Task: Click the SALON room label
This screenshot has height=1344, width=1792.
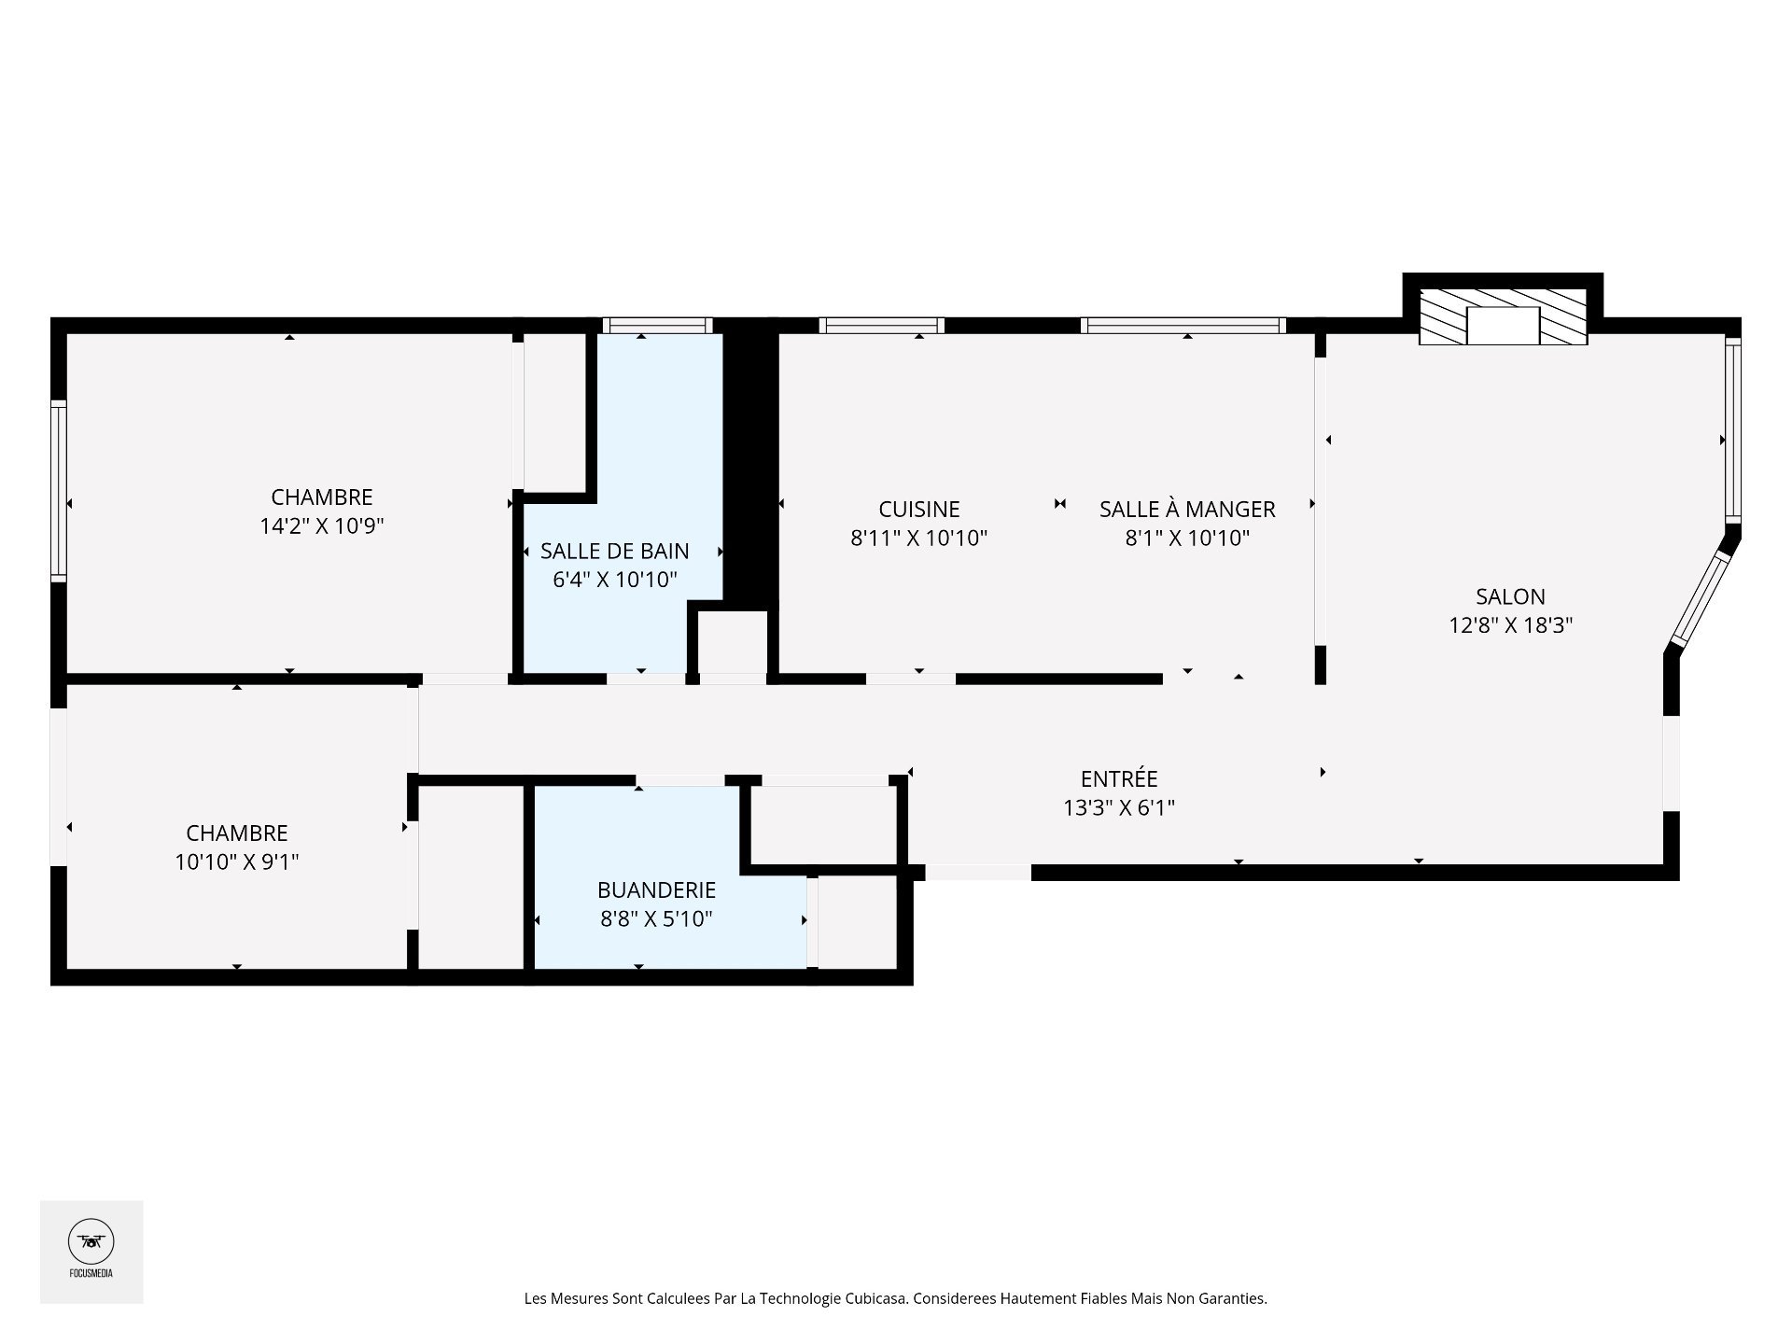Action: (x=1510, y=596)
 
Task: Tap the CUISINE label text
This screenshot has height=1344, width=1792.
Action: (x=919, y=510)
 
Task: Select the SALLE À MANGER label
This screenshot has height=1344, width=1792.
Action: (x=1187, y=510)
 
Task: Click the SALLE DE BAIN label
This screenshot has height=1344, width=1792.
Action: (x=615, y=552)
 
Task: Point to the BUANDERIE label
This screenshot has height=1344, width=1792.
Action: (x=657, y=890)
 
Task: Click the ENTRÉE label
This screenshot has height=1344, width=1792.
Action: (x=1119, y=778)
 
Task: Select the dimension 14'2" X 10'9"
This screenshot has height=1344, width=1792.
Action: (x=322, y=526)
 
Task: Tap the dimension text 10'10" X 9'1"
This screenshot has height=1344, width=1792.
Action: (x=237, y=861)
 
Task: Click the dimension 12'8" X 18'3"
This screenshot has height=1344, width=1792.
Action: (x=1510, y=625)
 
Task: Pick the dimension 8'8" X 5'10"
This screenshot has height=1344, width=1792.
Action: (x=657, y=919)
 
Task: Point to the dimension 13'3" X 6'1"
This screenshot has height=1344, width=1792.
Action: (x=1119, y=807)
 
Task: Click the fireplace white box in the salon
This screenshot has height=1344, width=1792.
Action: (x=1503, y=325)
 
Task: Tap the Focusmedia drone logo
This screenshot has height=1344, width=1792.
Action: (x=91, y=1241)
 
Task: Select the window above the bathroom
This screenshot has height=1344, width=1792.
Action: (x=657, y=326)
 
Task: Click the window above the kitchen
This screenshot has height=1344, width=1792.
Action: (x=882, y=326)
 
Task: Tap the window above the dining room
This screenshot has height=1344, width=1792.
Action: (x=1183, y=326)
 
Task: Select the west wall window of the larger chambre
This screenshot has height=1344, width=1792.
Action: (x=59, y=491)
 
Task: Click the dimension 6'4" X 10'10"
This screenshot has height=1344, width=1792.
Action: (x=615, y=581)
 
